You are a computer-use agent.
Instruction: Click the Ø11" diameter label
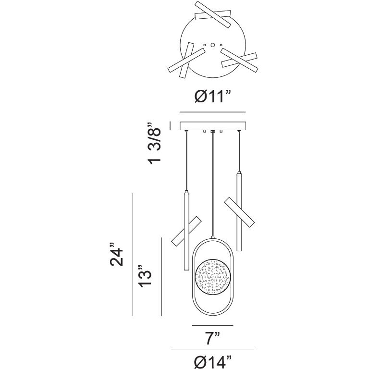point(212,97)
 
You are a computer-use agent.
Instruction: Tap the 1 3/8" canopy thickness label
point(154,143)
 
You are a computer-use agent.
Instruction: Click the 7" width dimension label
point(212,338)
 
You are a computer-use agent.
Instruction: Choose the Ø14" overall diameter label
point(213,362)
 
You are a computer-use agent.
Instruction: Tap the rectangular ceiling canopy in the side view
point(213,126)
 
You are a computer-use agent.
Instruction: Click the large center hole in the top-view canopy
point(213,45)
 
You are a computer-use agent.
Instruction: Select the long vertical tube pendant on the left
point(186,231)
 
